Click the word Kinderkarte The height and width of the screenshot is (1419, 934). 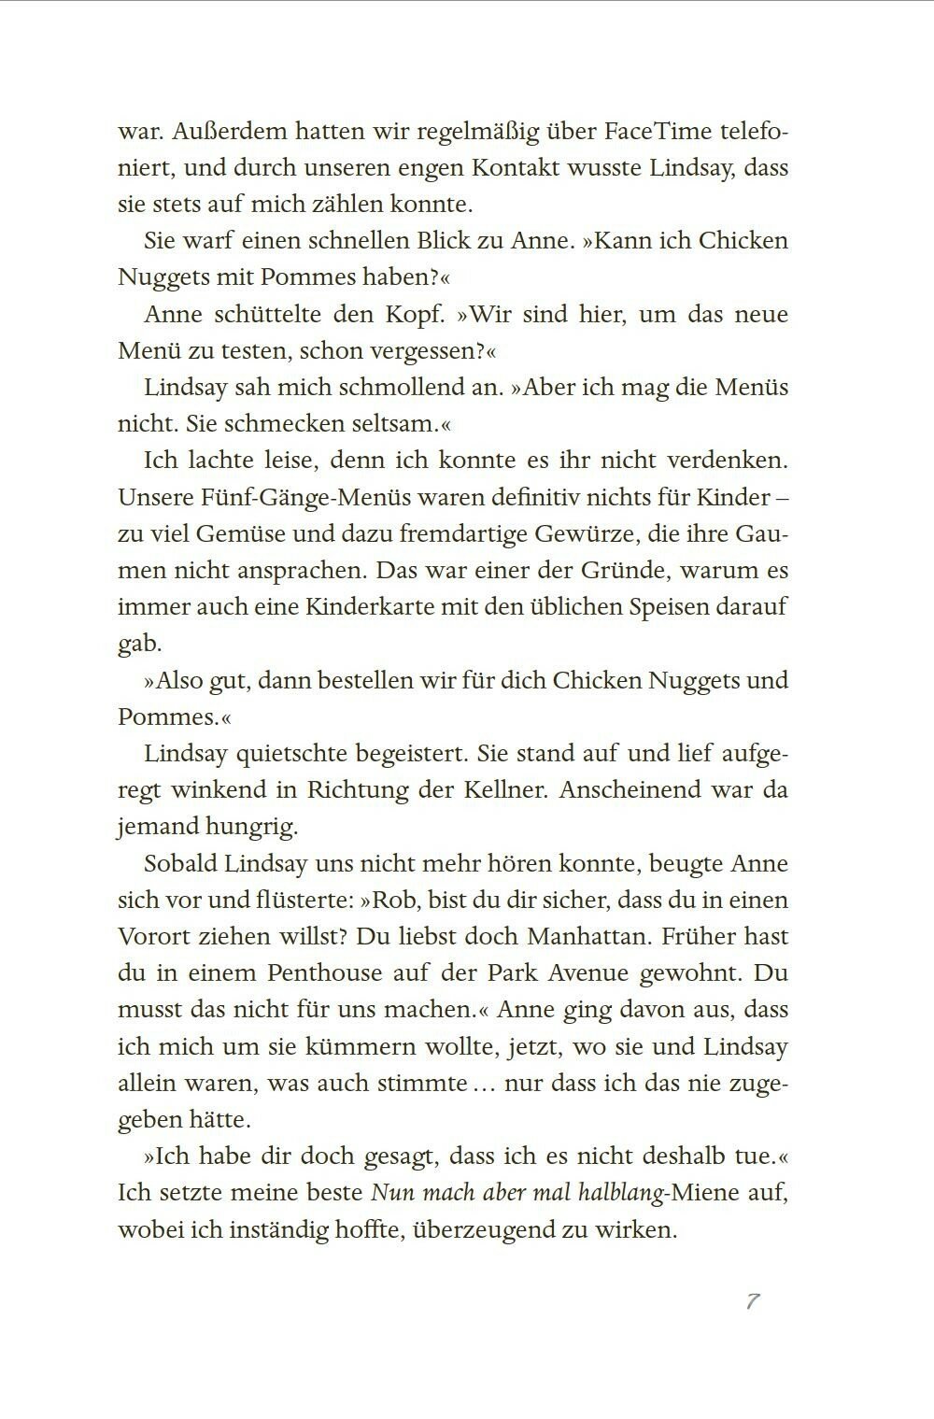pyautogui.click(x=361, y=606)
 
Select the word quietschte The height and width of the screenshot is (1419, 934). pyautogui.click(x=288, y=753)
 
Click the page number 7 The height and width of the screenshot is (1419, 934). pyautogui.click(x=753, y=1301)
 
